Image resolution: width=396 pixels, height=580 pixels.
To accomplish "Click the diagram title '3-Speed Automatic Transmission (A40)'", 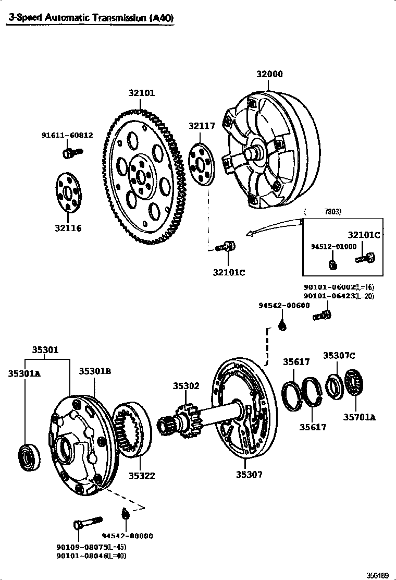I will (x=91, y=18).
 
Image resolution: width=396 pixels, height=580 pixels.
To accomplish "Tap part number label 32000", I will (x=269, y=74).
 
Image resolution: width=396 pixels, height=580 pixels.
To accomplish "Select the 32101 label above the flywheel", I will (x=142, y=93).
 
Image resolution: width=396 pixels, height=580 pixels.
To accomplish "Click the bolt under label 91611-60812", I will (x=71, y=153).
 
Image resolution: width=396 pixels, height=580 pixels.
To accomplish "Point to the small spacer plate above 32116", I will (x=69, y=192).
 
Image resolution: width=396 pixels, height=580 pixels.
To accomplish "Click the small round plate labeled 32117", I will (x=201, y=163).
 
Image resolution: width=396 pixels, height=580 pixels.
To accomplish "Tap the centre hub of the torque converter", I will (x=255, y=153).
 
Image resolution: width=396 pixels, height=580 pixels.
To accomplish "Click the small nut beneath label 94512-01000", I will (x=332, y=264).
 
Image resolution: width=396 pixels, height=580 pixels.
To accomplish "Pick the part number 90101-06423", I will (x=329, y=296).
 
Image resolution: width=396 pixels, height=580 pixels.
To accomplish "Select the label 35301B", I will (x=95, y=371).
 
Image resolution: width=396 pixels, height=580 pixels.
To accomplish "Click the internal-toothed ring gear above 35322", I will (x=131, y=429).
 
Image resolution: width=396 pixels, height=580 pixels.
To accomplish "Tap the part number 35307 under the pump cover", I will (x=249, y=474).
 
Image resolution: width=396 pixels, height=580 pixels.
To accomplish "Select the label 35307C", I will (x=339, y=356).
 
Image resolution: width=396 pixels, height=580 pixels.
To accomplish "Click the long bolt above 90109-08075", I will (x=87, y=522).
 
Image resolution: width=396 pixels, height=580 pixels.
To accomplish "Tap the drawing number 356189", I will (x=377, y=575).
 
